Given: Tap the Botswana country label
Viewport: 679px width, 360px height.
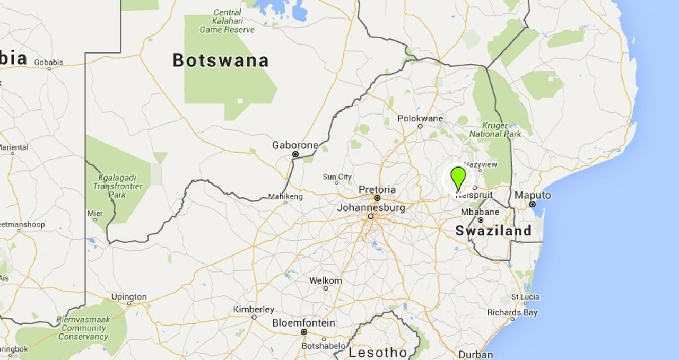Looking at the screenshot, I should click(x=220, y=60).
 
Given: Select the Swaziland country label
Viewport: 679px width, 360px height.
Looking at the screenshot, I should click(x=493, y=231).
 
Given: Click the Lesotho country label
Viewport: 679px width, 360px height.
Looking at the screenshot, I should click(x=378, y=352).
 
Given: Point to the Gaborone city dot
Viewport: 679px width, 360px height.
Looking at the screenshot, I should click(x=295, y=154).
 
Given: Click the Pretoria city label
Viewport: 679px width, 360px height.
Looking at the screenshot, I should click(x=377, y=189).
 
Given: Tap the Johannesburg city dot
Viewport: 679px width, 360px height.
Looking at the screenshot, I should click(x=371, y=216).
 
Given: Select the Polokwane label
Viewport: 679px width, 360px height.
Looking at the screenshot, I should click(x=420, y=118).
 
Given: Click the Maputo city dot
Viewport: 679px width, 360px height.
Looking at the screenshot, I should click(x=532, y=204).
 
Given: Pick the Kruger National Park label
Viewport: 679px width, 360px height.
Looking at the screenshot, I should click(x=495, y=130).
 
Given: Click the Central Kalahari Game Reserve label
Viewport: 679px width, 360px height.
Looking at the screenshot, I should click(x=227, y=21).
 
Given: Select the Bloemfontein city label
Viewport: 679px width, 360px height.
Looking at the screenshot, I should click(x=303, y=322).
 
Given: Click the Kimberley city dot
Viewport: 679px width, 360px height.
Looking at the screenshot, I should click(x=254, y=317).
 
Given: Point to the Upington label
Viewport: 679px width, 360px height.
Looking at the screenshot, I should click(x=128, y=297).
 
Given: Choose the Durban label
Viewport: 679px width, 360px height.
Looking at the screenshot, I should click(x=475, y=354).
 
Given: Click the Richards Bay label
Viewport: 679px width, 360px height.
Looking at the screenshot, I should click(x=512, y=312).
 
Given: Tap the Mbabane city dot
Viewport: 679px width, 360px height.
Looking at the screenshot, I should click(x=481, y=220).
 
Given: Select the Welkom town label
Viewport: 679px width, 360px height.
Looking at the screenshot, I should click(x=326, y=280).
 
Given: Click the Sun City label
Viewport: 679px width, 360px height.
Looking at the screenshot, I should click(x=337, y=177).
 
